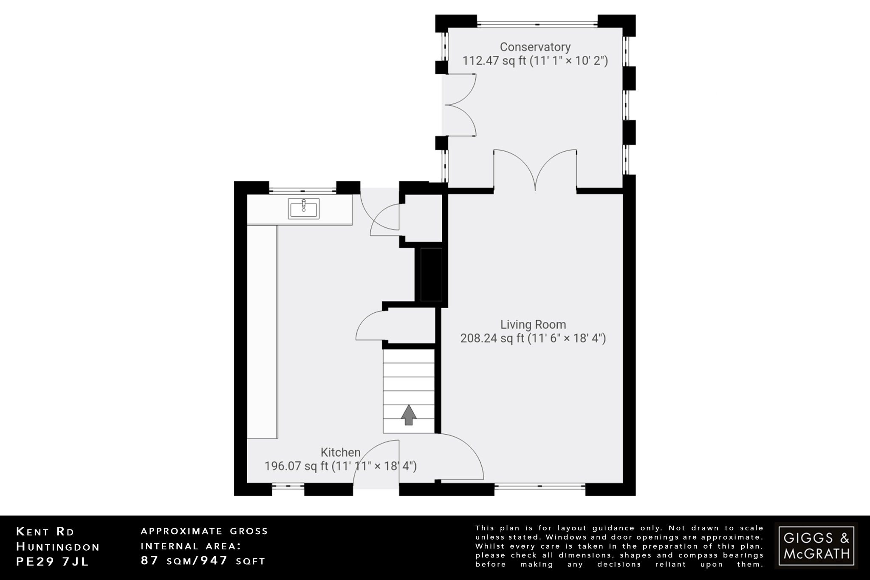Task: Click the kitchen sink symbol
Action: coord(303,208)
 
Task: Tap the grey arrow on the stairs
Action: coord(409,415)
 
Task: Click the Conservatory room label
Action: coord(535,47)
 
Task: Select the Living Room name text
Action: coord(533,325)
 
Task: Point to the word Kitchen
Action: coord(340,453)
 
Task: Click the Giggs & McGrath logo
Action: coord(816,546)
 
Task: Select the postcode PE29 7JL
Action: coord(53,562)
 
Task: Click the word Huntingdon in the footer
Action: coord(58,547)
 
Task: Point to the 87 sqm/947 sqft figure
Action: coord(203,561)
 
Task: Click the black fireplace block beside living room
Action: coord(431,274)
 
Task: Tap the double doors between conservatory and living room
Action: coord(535,170)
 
